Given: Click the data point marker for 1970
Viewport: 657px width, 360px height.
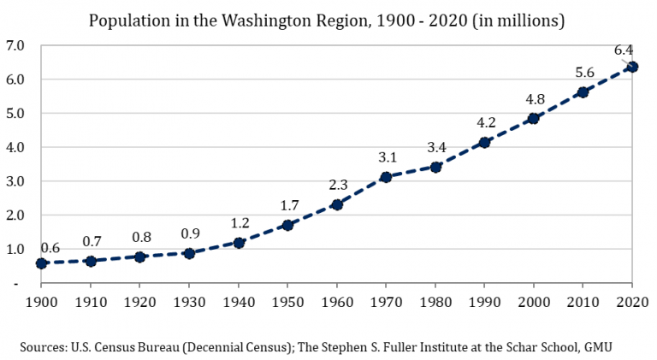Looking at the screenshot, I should click(x=386, y=177).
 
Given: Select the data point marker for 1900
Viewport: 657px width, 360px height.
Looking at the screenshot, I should click(x=41, y=263).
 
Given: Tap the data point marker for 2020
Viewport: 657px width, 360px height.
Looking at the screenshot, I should click(x=632, y=67).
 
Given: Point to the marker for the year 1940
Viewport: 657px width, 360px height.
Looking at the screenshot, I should click(x=239, y=243).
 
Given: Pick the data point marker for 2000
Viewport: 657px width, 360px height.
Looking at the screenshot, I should click(x=533, y=118).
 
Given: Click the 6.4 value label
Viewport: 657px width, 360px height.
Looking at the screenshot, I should click(x=624, y=50).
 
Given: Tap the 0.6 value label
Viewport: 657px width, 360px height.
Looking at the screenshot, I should click(x=50, y=248).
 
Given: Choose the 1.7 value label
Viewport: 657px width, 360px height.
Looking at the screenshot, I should click(x=287, y=205).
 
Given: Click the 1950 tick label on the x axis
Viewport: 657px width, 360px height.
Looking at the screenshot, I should click(x=287, y=302).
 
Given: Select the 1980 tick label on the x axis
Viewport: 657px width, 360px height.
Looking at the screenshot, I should click(x=435, y=302).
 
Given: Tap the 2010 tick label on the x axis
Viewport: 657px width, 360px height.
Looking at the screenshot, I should click(x=583, y=302).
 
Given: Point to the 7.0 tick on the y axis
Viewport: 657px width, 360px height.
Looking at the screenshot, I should click(x=15, y=44).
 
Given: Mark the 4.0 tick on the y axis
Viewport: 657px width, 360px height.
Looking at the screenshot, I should click(x=15, y=147).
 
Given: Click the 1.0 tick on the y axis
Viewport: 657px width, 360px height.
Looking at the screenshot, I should click(x=15, y=250).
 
